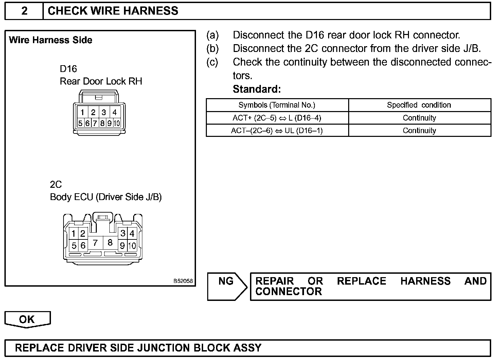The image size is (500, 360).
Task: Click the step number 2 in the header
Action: pyautogui.click(x=24, y=11)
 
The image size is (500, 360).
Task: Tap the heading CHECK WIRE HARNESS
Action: pyautogui.click(x=113, y=11)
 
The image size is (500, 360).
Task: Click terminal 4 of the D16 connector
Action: pyautogui.click(x=115, y=112)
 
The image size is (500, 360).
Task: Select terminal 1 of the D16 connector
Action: pyautogui.click(x=82, y=112)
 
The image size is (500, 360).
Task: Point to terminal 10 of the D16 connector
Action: pyautogui.click(x=117, y=123)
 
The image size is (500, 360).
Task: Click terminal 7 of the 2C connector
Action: pyautogui.click(x=95, y=243)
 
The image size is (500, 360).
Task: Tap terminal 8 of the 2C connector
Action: pyautogui.click(x=110, y=243)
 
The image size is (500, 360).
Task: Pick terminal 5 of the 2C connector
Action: pyautogui.click(x=74, y=245)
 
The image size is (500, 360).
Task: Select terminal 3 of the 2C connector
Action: pyautogui.click(x=123, y=233)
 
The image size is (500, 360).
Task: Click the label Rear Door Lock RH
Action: pyautogui.click(x=101, y=82)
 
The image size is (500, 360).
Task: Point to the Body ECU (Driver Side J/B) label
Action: pyautogui.click(x=106, y=197)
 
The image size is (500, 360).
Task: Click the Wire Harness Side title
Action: pyautogui.click(x=51, y=40)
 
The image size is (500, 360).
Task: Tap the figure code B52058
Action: pyautogui.click(x=183, y=281)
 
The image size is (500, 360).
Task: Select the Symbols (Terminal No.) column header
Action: pyautogui.click(x=277, y=105)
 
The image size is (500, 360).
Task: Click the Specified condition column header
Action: pyautogui.click(x=419, y=105)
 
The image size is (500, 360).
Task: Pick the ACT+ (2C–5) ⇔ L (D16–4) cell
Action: pyautogui.click(x=277, y=118)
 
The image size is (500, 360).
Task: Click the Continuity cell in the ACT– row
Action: pyautogui.click(x=419, y=131)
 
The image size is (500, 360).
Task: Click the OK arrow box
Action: pyautogui.click(x=27, y=319)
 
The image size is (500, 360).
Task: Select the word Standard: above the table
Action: pyautogui.click(x=257, y=89)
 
